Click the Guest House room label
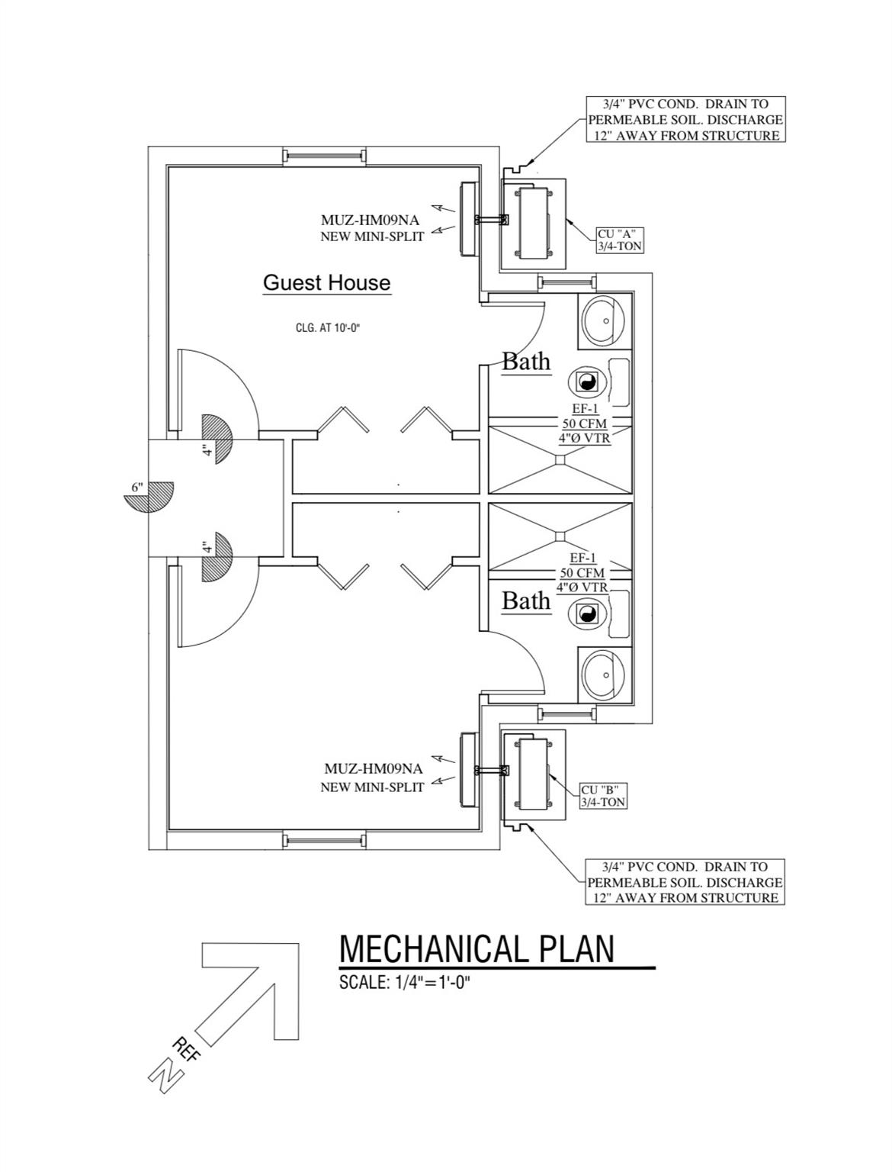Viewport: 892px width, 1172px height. click(x=326, y=282)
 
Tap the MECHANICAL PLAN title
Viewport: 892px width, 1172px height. click(x=476, y=948)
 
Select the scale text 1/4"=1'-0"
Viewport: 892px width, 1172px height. click(x=405, y=982)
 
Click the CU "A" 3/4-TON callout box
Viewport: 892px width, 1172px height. click(x=619, y=240)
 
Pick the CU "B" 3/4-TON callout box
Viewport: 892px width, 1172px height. click(x=603, y=796)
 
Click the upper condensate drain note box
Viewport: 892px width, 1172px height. click(x=685, y=119)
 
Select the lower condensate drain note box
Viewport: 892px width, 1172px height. click(x=685, y=882)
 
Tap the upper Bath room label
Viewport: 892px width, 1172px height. click(x=526, y=361)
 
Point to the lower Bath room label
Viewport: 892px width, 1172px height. click(x=526, y=600)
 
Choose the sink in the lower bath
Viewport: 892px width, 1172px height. click(x=605, y=674)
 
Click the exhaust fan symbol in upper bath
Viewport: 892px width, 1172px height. click(x=587, y=382)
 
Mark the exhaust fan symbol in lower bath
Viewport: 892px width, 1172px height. click(x=587, y=613)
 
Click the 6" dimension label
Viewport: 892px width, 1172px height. click(x=137, y=487)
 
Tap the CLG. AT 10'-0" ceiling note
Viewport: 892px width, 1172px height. click(x=327, y=328)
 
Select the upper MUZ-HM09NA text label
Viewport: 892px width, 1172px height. click(x=370, y=221)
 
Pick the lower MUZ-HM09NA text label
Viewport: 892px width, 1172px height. click(x=373, y=769)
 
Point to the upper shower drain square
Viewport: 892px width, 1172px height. click(x=560, y=459)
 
